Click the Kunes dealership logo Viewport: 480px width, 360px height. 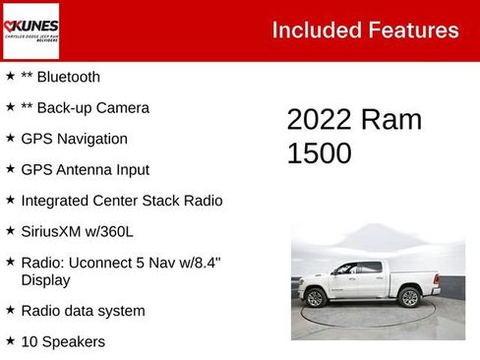tap(31, 30)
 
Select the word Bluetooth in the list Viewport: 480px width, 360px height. tap(68, 77)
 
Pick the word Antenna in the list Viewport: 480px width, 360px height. tap(88, 170)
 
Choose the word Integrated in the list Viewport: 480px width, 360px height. tap(58, 201)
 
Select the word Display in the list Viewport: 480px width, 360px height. tap(45, 280)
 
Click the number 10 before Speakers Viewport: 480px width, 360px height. tap(30, 342)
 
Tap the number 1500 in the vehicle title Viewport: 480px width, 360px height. tap(319, 153)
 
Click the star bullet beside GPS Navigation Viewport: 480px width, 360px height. tap(10, 138)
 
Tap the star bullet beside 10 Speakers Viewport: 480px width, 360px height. tap(10, 340)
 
